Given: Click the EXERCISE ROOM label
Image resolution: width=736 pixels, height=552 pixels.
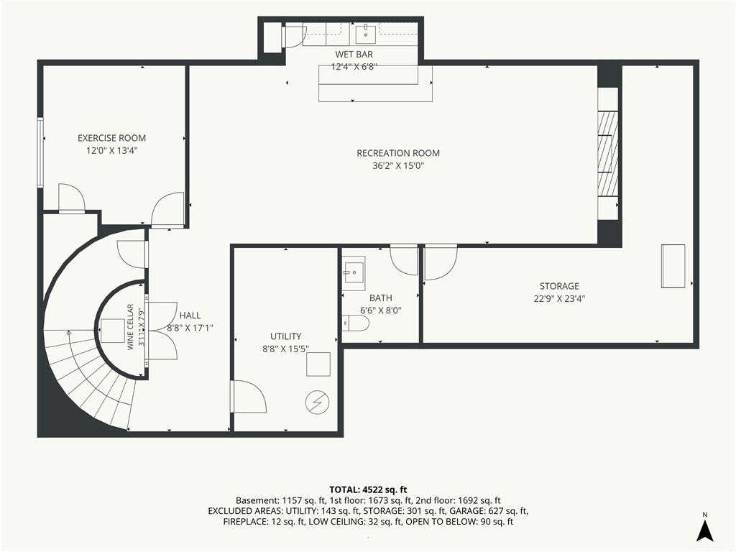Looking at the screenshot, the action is [x=111, y=138].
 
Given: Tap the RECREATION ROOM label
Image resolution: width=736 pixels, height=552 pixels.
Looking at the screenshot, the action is [x=398, y=153].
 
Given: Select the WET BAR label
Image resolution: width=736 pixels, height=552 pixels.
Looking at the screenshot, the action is [x=354, y=55].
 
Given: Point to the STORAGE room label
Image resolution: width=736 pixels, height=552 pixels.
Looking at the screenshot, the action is [x=559, y=286].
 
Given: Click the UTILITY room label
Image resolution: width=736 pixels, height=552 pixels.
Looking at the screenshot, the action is [x=286, y=336].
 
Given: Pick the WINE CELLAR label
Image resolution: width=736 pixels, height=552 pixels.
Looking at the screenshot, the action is [x=131, y=327].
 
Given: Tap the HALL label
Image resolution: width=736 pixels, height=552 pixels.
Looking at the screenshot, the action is [x=190, y=316].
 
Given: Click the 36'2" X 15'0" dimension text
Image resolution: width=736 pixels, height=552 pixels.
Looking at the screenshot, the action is [x=398, y=166].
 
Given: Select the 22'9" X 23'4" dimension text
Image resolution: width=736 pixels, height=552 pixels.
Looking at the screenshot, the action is [x=559, y=298].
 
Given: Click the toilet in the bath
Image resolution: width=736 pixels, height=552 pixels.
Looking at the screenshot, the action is [x=355, y=323].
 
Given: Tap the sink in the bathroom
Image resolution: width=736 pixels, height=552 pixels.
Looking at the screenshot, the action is [x=354, y=270].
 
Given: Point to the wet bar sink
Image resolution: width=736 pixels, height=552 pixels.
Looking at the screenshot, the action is [x=365, y=34].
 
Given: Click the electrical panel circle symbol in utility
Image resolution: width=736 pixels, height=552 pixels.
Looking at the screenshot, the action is [x=317, y=402].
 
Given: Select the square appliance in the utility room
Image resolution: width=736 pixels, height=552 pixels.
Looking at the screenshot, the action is [x=318, y=364].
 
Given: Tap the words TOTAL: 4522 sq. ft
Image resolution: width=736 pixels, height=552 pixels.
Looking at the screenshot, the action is [x=368, y=490].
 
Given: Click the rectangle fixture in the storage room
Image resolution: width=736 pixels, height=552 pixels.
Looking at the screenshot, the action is [x=673, y=266].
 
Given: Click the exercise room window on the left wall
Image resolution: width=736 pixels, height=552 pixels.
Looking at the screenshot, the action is [x=40, y=153].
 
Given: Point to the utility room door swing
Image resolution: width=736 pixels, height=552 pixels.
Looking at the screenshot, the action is [x=249, y=397].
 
